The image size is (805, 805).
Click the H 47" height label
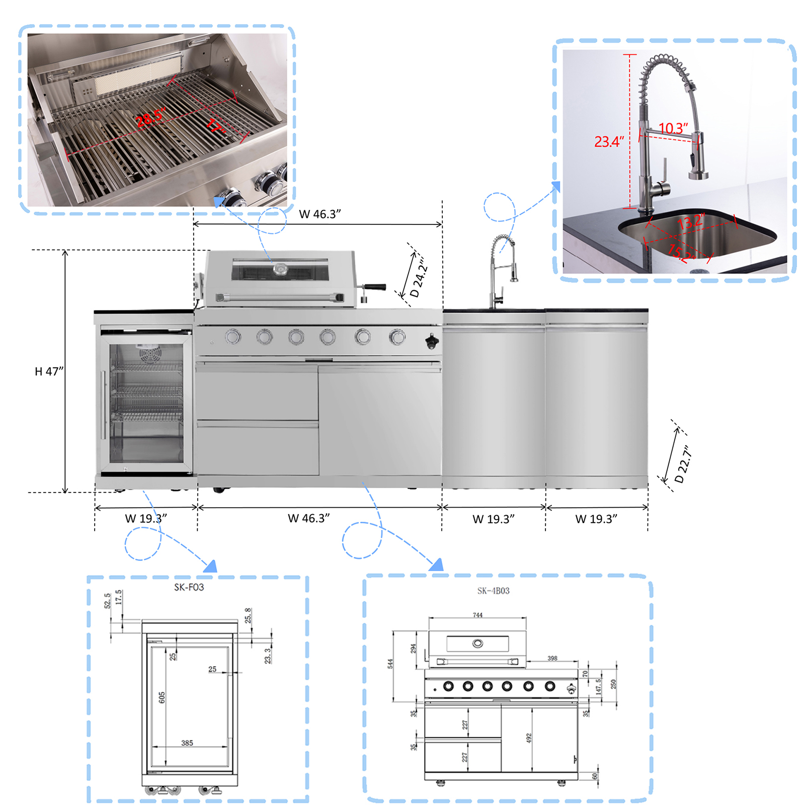click(49, 371)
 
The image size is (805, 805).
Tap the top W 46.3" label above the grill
click(319, 214)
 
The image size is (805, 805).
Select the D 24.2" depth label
click(418, 277)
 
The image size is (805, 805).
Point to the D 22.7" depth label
click(683, 464)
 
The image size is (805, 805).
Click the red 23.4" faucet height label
click(609, 142)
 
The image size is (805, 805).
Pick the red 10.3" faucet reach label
click(673, 128)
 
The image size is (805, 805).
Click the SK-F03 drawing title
click(189, 587)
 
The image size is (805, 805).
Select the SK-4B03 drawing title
click(493, 591)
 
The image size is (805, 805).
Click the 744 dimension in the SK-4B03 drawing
click(477, 615)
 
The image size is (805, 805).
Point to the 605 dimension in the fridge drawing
click(162, 697)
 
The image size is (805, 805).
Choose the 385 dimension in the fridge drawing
click(187, 743)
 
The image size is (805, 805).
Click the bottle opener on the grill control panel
click(432, 342)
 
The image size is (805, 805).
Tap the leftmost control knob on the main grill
click(233, 336)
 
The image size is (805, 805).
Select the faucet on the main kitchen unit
click(501, 269)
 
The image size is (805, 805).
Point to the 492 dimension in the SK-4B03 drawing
click(528, 738)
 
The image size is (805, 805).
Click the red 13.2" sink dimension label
click(691, 221)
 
